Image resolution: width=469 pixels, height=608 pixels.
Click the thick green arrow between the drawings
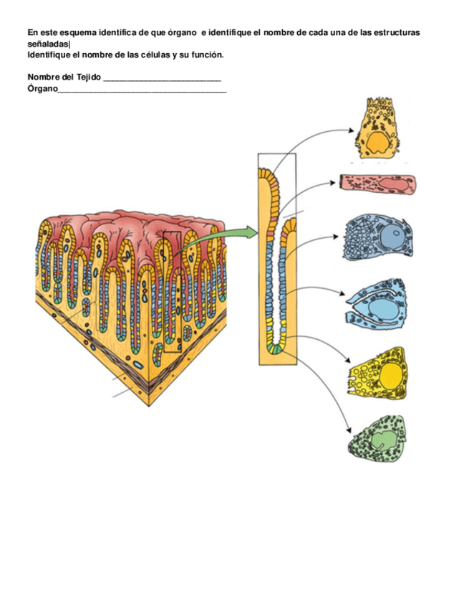point(241,232)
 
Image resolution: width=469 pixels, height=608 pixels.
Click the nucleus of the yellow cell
point(391,375)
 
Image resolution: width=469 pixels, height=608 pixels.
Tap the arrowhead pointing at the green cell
point(349,430)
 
